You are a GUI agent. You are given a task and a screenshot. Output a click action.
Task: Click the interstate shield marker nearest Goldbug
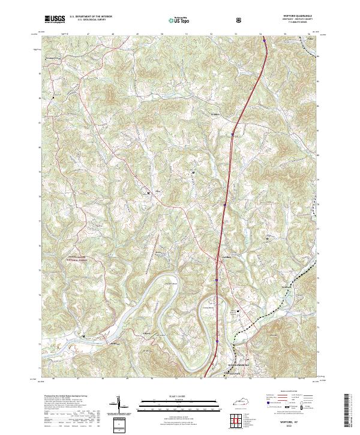click(x=217, y=279)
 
